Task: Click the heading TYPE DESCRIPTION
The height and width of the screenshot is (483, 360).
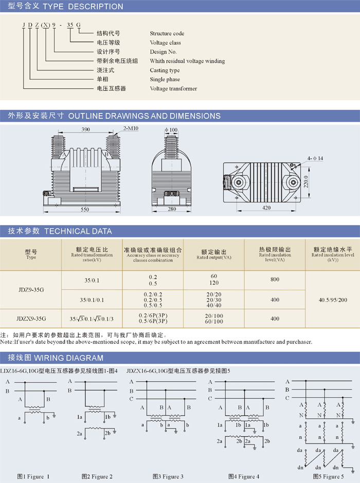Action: click(x=83, y=7)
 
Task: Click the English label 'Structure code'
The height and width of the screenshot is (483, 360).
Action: click(x=167, y=33)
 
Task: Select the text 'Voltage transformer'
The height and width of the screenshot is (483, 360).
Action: click(x=173, y=88)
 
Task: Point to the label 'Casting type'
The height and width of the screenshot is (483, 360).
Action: click(x=165, y=70)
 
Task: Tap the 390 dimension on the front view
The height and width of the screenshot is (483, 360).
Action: click(x=86, y=129)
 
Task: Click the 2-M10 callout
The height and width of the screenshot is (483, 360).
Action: click(x=131, y=128)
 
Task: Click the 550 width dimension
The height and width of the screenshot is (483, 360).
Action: click(x=85, y=210)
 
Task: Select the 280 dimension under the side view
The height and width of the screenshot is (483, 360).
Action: click(x=172, y=209)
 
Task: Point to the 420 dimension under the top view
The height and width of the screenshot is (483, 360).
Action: click(x=266, y=208)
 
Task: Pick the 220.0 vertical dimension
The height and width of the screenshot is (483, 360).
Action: click(x=306, y=182)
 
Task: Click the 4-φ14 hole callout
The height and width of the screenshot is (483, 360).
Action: click(x=315, y=158)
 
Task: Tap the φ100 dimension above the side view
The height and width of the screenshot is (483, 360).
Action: click(x=171, y=129)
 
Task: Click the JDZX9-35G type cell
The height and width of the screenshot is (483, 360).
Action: click(x=31, y=319)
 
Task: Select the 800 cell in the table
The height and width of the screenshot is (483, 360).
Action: click(x=275, y=280)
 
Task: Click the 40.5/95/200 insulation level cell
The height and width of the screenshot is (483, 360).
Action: click(x=333, y=300)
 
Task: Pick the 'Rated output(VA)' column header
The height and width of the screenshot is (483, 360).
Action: click(x=214, y=257)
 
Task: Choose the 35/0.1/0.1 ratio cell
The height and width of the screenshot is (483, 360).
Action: click(x=92, y=300)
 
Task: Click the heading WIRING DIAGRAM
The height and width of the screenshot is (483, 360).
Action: click(x=68, y=358)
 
